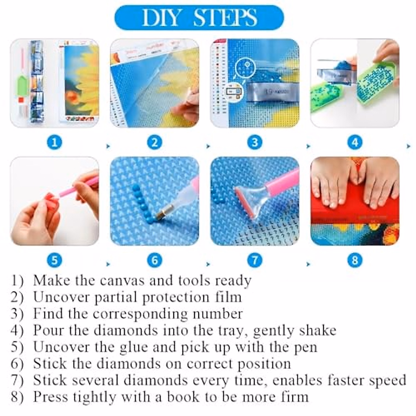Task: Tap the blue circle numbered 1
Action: coord(54,142)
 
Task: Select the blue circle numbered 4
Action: coord(355,142)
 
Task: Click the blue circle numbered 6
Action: coord(155,260)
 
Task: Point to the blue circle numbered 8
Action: coord(355,260)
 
